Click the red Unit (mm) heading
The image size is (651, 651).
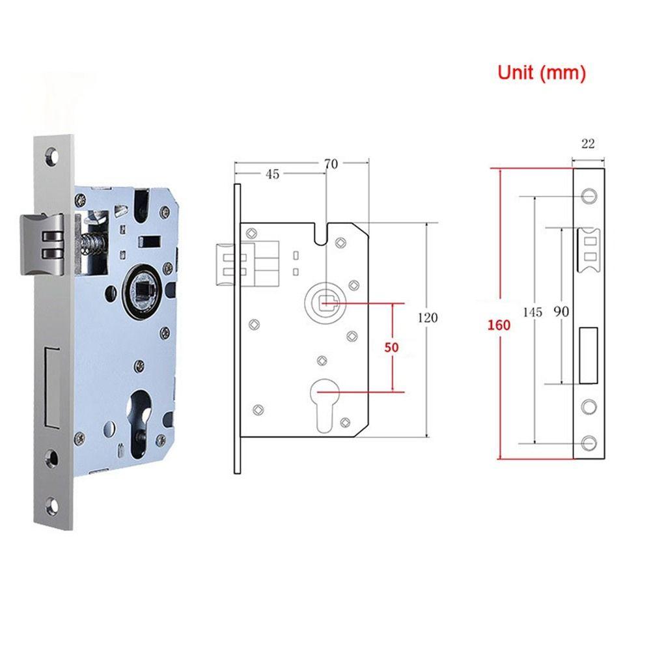(542, 73)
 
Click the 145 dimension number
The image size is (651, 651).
(533, 312)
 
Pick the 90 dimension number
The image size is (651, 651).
(561, 312)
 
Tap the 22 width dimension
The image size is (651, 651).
(588, 144)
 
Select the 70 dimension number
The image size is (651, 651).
(331, 164)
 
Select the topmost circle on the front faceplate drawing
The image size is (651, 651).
(589, 195)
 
